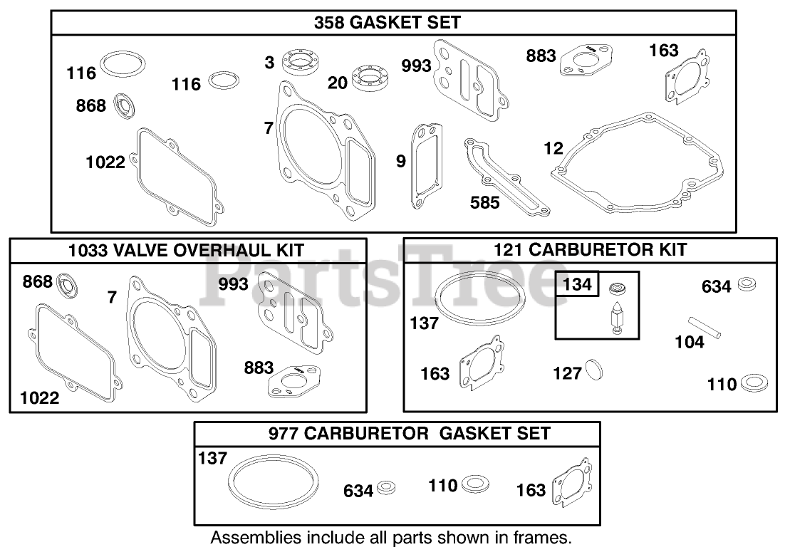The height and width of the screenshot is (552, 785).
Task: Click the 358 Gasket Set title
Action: click(388, 23)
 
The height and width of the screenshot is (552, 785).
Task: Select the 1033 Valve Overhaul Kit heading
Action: click(187, 250)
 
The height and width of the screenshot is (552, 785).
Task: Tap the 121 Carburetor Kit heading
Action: click(590, 249)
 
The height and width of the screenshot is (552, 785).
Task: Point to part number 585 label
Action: click(485, 203)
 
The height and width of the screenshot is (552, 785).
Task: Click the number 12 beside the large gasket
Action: click(553, 149)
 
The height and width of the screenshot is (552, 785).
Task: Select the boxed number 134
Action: click(577, 285)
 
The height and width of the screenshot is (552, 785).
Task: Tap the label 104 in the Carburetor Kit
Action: click(690, 343)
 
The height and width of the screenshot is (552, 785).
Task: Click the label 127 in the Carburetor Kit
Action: click(568, 373)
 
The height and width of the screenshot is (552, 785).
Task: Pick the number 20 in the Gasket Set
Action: click(338, 83)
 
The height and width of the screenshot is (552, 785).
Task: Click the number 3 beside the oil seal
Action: click(269, 63)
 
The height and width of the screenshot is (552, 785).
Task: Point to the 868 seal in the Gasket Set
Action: click(126, 106)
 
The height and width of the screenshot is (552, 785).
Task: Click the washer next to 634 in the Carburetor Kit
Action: click(747, 283)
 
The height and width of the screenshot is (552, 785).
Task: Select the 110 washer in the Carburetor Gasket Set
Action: click(475, 484)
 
